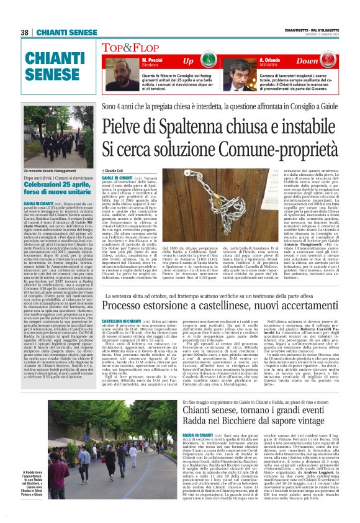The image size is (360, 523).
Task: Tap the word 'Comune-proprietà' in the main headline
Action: [x=282, y=149]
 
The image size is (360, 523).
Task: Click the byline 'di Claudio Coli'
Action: [x=114, y=170]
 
